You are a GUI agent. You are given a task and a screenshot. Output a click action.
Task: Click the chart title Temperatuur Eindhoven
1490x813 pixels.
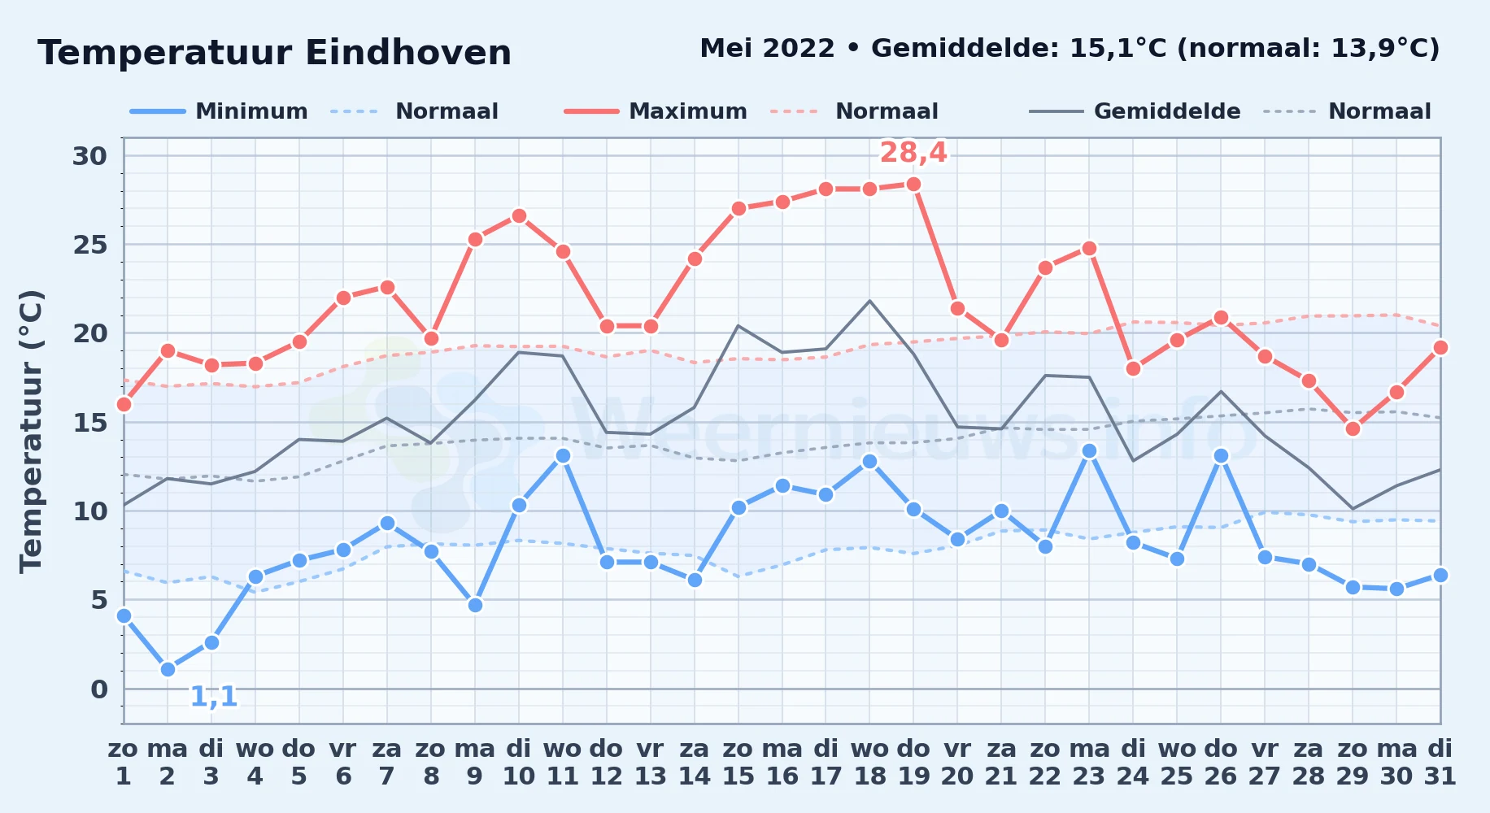(275, 53)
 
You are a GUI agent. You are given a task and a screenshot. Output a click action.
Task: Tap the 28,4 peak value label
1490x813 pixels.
(913, 152)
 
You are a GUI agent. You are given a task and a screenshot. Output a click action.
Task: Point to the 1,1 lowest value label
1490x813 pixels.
(214, 696)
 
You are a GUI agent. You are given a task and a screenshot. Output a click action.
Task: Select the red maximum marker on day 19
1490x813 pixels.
(913, 185)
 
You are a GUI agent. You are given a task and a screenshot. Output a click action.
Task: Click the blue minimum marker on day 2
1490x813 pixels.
(168, 669)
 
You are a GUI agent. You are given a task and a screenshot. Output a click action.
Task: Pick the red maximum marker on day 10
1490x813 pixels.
(519, 216)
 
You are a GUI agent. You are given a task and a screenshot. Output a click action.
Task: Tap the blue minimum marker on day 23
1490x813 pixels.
(1089, 451)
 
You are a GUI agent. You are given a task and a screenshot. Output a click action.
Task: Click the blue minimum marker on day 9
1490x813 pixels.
(475, 605)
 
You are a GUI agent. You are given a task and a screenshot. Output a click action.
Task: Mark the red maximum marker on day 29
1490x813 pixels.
(1353, 429)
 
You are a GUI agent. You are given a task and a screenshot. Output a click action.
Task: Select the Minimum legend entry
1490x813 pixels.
(219, 111)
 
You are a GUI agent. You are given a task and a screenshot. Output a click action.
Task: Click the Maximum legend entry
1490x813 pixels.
(656, 111)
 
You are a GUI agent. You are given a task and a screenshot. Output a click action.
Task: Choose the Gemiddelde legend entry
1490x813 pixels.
(1135, 111)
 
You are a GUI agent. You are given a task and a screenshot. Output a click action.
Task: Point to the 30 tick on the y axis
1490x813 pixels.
(90, 156)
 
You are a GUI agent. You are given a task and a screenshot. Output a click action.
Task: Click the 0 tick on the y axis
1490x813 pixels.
(99, 689)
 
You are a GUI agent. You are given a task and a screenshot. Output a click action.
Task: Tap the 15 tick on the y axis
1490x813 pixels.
(90, 423)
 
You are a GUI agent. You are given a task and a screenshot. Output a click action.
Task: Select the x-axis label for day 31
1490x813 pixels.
(1440, 762)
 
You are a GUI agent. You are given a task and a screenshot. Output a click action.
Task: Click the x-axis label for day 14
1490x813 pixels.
(695, 762)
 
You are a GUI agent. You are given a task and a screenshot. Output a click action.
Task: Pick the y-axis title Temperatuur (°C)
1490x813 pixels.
(31, 431)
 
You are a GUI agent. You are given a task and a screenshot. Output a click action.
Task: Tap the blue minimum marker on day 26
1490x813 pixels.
(1221, 456)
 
